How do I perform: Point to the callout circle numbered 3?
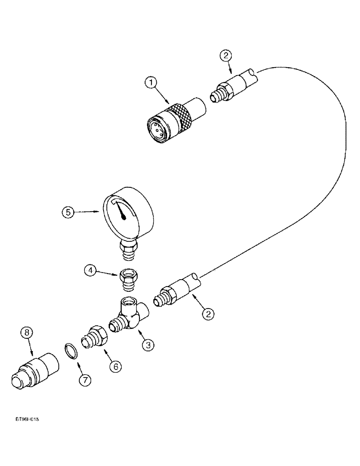[148, 345]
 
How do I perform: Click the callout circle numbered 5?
[69, 212]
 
